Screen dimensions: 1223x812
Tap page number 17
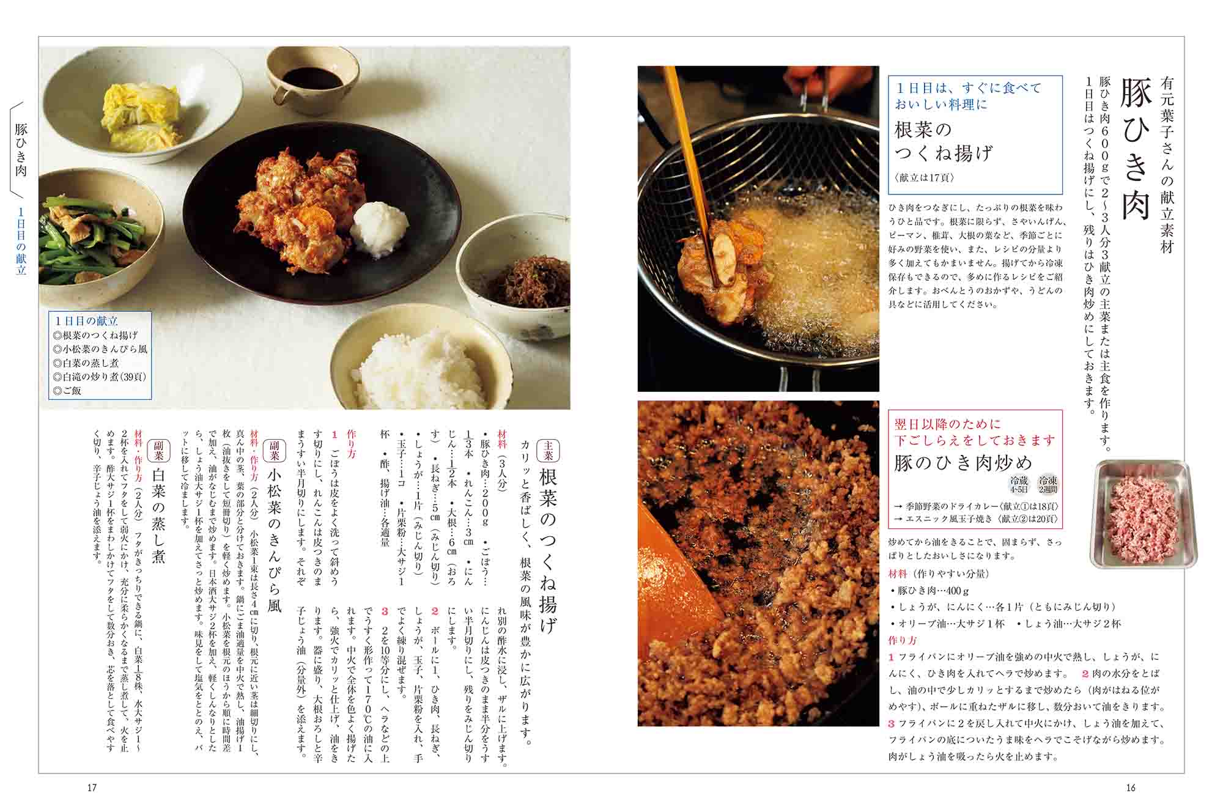pyautogui.click(x=92, y=788)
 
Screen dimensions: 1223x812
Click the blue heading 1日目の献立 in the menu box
pyautogui.click(x=86, y=321)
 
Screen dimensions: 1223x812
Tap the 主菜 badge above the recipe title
pyautogui.click(x=548, y=451)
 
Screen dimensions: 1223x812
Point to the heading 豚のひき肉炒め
pyautogui.click(x=963, y=463)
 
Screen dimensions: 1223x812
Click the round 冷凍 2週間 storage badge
pyautogui.click(x=1047, y=484)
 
